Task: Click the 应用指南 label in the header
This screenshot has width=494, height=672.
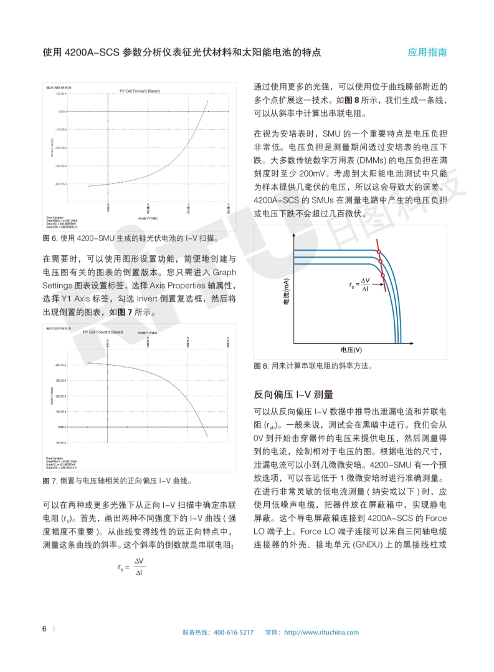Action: point(427,52)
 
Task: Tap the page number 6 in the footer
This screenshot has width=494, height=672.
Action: point(44,628)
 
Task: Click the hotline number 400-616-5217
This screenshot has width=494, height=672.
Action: point(234,632)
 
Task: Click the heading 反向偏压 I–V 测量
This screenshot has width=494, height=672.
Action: point(293,394)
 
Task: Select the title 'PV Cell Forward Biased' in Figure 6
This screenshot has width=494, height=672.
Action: point(140,91)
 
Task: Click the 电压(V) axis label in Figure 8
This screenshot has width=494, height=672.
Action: point(351,349)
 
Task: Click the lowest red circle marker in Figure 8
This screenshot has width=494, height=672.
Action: point(382,275)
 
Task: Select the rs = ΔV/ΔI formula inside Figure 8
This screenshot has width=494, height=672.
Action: point(361,285)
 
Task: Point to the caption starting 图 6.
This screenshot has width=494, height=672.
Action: point(130,238)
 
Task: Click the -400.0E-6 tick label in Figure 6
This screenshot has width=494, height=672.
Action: point(60,184)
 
